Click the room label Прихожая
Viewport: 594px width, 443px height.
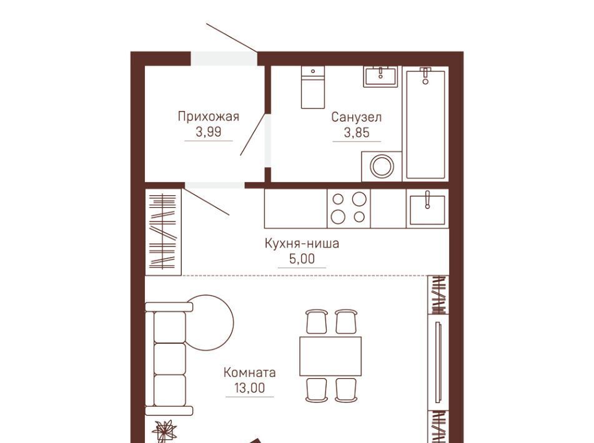[x=209, y=117]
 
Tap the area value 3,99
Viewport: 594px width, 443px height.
[x=209, y=132]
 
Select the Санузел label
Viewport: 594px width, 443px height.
[x=357, y=117]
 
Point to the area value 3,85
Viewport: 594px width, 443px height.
[x=357, y=133]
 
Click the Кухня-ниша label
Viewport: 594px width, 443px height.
[x=302, y=243]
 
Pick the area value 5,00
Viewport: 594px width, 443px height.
[x=302, y=259]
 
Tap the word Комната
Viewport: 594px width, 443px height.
[x=250, y=372]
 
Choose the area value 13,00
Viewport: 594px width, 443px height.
[x=250, y=388]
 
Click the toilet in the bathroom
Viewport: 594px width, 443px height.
[x=313, y=87]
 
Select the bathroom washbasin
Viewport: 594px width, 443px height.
[x=381, y=76]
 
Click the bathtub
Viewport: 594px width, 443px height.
[x=425, y=123]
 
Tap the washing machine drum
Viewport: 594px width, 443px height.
[x=382, y=166]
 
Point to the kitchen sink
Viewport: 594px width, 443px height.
[x=427, y=208]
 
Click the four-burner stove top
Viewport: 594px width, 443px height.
[x=349, y=208]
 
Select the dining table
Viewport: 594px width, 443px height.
[x=330, y=356]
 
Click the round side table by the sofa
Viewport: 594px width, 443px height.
[x=210, y=323]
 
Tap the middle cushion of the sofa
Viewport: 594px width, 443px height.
[x=170, y=359]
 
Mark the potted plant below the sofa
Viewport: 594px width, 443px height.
[x=164, y=431]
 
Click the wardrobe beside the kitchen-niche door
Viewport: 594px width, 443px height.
[x=164, y=232]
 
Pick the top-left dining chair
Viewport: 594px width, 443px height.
[x=316, y=321]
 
